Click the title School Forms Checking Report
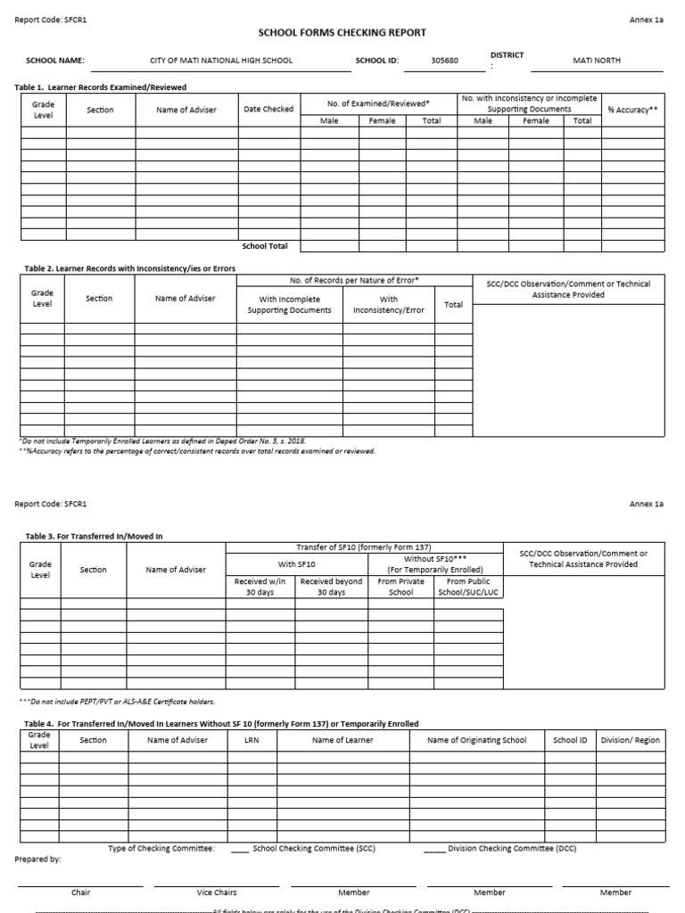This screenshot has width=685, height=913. coord(342,33)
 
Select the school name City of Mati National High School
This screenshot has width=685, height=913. coord(220,61)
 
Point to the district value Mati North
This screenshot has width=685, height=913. coord(596,61)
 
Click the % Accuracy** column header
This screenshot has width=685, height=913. coord(632,110)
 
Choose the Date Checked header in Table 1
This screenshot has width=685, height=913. coord(268,110)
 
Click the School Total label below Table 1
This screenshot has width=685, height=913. coord(265,246)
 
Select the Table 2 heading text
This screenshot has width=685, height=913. coord(125,268)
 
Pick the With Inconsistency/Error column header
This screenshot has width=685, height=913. coord(389,305)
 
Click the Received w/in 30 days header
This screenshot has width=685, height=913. coord(260,587)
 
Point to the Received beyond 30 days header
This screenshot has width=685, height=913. coord(331,587)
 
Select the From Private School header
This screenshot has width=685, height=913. coord(401,587)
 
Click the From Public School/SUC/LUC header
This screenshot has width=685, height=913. coord(468,587)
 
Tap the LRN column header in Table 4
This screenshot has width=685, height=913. coord(252,740)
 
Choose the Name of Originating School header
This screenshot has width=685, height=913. coord(476,740)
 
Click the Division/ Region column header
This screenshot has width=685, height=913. coord(631,740)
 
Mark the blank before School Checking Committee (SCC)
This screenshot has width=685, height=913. coord(239,850)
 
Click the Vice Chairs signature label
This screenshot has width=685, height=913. coord(217,892)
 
